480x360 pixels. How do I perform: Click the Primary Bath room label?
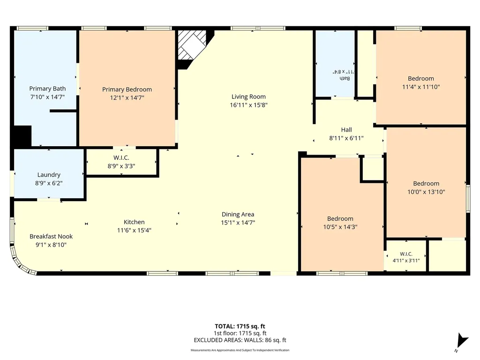click(47, 89)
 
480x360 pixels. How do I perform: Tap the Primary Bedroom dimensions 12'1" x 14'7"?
click(127, 97)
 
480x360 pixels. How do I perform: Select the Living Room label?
click(248, 97)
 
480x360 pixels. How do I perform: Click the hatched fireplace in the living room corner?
click(192, 45)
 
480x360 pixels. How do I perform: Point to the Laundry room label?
click(49, 175)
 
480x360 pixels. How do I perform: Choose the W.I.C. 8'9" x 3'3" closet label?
click(121, 162)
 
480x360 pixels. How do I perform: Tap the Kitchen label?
click(134, 222)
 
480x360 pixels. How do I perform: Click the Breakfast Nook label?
click(51, 236)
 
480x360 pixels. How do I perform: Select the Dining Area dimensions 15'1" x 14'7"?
click(238, 223)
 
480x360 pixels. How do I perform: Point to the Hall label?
click(346, 130)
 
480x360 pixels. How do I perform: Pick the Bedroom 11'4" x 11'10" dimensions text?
click(421, 87)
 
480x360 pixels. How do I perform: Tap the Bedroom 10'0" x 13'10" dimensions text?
click(426, 192)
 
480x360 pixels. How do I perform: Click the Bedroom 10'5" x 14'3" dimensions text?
click(340, 227)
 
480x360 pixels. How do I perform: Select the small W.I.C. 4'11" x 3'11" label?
click(406, 257)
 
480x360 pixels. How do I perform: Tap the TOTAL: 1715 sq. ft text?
click(240, 326)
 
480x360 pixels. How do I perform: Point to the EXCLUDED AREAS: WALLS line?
click(240, 340)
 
